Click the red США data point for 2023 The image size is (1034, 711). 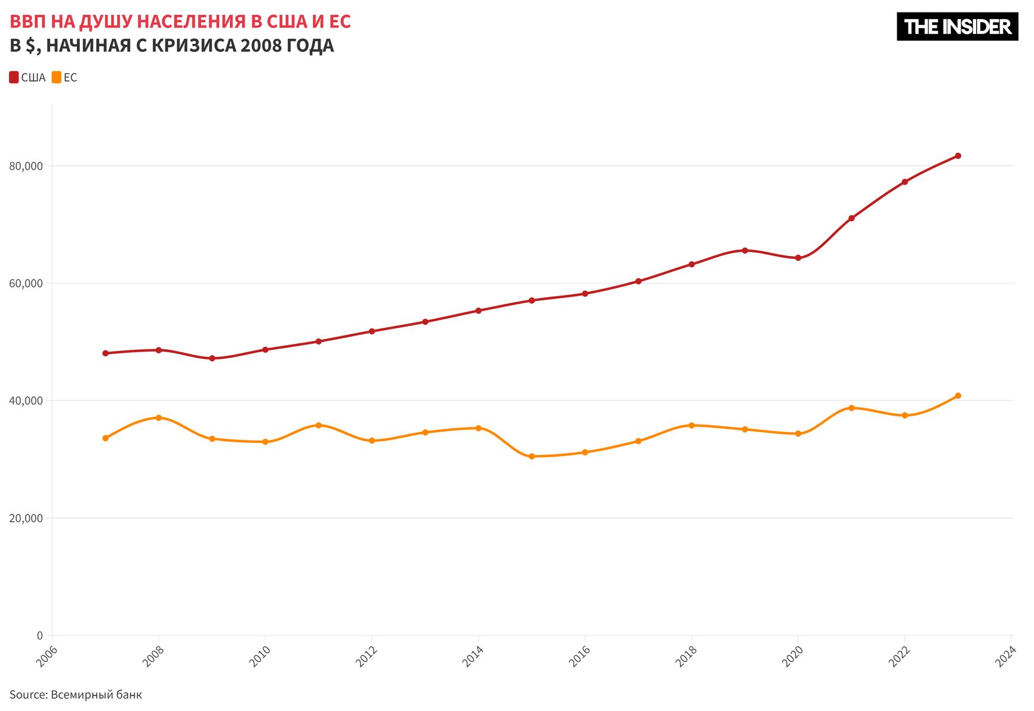tap(958, 156)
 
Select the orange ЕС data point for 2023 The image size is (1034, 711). tap(958, 396)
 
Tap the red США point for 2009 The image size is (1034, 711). tap(212, 358)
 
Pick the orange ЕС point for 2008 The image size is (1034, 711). tap(159, 418)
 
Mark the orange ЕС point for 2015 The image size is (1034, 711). tap(531, 457)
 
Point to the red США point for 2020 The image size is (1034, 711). tap(798, 258)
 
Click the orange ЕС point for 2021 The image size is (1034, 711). tap(851, 408)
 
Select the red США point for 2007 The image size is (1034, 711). tap(106, 353)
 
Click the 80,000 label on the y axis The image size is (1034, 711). tap(26, 166)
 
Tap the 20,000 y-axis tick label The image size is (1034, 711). tap(26, 518)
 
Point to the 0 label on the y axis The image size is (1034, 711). tap(39, 636)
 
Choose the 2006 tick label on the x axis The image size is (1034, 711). tap(47, 657)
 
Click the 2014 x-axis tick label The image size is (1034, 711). tap(473, 657)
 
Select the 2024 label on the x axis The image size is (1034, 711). tap(1005, 657)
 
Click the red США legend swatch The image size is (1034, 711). tap(14, 78)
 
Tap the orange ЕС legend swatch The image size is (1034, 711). tap(57, 78)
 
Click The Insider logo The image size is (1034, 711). tap(957, 27)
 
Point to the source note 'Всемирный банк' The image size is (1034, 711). tap(96, 695)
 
